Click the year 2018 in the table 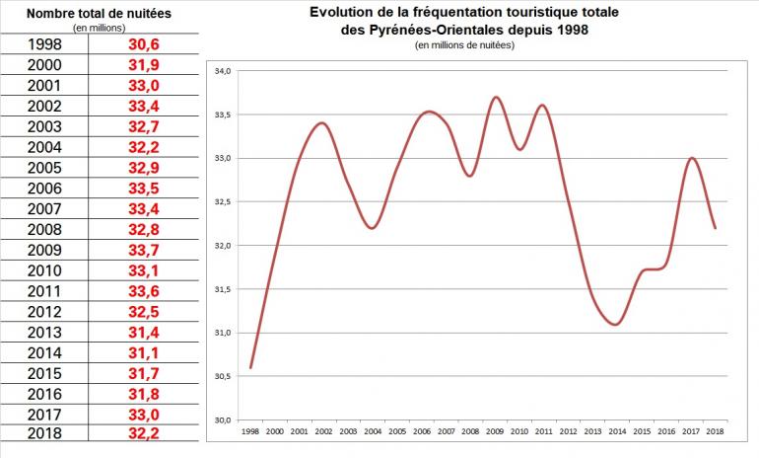45,432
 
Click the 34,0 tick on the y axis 221,71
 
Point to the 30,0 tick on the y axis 221,420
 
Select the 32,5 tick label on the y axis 221,201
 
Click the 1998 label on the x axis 251,431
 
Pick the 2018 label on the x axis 715,431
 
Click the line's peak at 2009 495,97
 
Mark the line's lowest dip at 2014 615,324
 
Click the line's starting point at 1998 251,367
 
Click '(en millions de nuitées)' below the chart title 464,45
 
